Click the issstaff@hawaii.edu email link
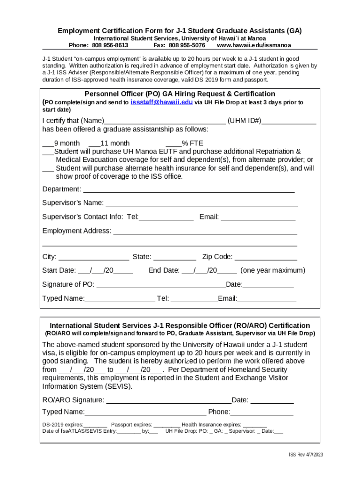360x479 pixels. pos(161,102)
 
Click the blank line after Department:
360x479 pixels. pos(188,190)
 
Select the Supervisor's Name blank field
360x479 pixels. pos(202,203)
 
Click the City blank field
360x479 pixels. pos(94,257)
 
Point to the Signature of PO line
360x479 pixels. pos(160,285)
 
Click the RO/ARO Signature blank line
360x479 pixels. pos(168,401)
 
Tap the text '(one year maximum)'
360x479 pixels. pos(273,270)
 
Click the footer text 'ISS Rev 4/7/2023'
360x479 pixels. pos(306,455)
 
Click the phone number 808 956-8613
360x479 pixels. pos(110,45)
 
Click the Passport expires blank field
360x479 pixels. pos(166,425)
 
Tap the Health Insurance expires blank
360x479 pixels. pos(255,425)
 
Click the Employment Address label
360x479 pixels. pos(77,231)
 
